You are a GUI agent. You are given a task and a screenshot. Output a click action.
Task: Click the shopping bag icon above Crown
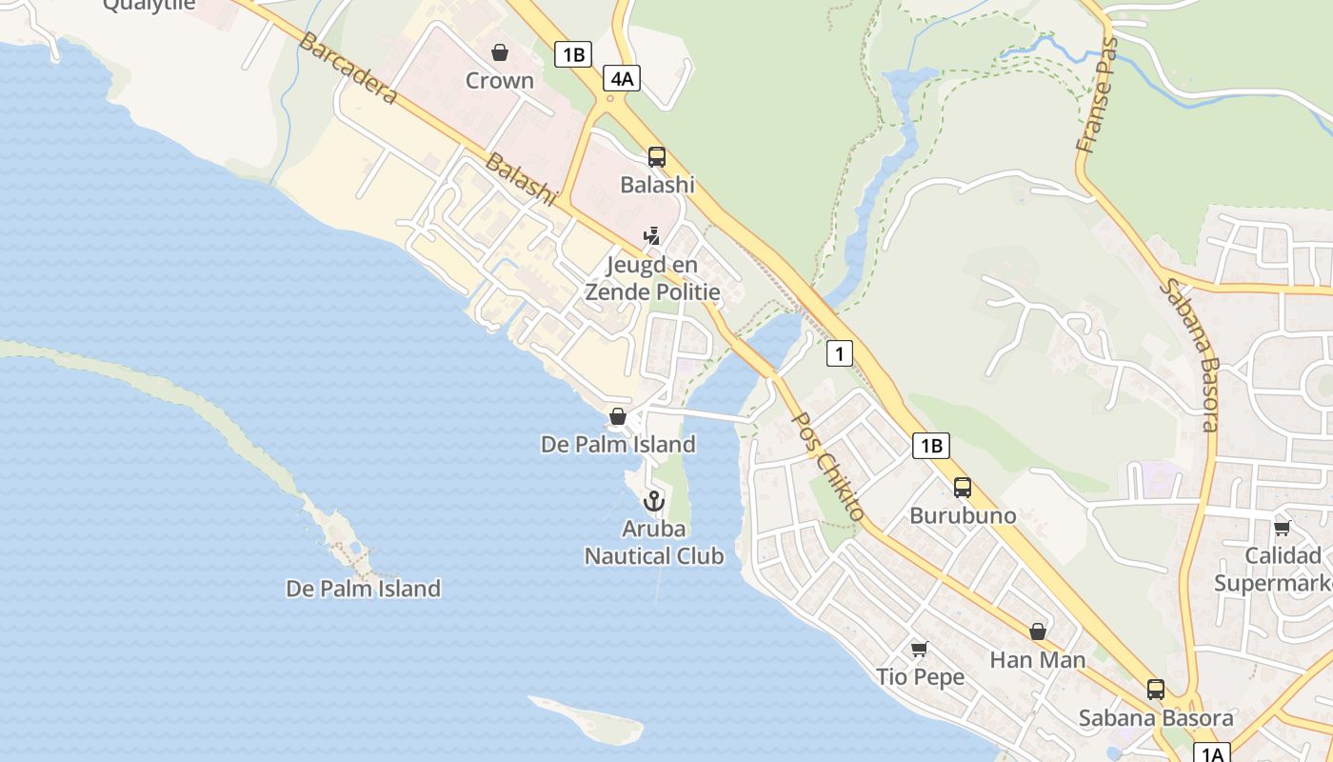[500, 52]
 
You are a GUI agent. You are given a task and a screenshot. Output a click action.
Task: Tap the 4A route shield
[622, 78]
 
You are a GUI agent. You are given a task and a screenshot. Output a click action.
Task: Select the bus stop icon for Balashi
[657, 157]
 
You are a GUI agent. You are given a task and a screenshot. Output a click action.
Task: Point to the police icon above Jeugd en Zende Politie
[652, 235]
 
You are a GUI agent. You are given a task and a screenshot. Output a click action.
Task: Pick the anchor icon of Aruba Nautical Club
[654, 500]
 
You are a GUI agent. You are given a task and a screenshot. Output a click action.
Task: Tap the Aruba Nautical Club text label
[654, 542]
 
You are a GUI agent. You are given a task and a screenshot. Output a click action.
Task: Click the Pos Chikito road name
[828, 466]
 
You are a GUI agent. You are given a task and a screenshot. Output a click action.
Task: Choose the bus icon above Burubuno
[963, 488]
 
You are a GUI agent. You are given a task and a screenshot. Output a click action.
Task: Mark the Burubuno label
[963, 515]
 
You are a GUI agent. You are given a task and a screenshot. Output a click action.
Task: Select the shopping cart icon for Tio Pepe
[920, 650]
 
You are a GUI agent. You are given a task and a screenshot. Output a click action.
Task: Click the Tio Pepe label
[920, 677]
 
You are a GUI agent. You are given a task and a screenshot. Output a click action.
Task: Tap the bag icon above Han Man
[1038, 632]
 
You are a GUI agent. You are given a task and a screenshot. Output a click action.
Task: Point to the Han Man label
[1038, 659]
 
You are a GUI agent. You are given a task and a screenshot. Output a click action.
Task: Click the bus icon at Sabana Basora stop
[1156, 690]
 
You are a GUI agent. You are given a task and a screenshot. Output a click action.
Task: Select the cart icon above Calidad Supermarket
[1283, 528]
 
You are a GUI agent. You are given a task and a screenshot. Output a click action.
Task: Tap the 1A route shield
[1211, 753]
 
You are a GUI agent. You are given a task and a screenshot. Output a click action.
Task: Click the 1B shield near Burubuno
[931, 445]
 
